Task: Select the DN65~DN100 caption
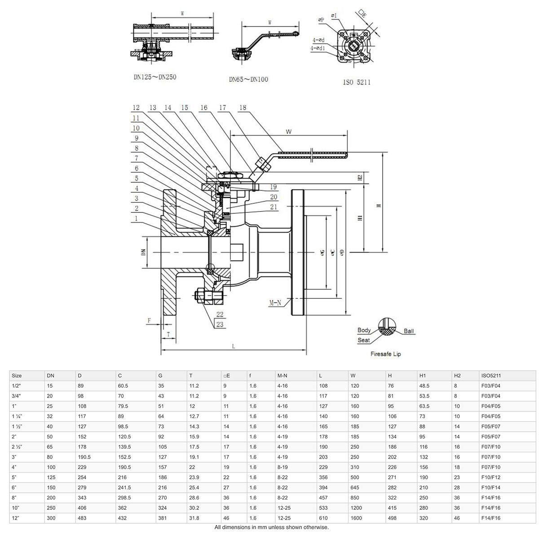point(248,80)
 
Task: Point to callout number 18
point(243,108)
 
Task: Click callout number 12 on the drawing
point(136,108)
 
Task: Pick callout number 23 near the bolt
point(220,324)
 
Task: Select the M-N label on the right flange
point(275,303)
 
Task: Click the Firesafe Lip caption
point(385,354)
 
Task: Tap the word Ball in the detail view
point(409,331)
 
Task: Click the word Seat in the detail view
point(363,340)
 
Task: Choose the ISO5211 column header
point(490,376)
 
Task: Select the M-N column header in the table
point(283,376)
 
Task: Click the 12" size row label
point(16,518)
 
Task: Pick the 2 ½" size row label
point(18,447)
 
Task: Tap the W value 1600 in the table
point(356,518)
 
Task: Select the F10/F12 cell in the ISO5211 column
point(490,477)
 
